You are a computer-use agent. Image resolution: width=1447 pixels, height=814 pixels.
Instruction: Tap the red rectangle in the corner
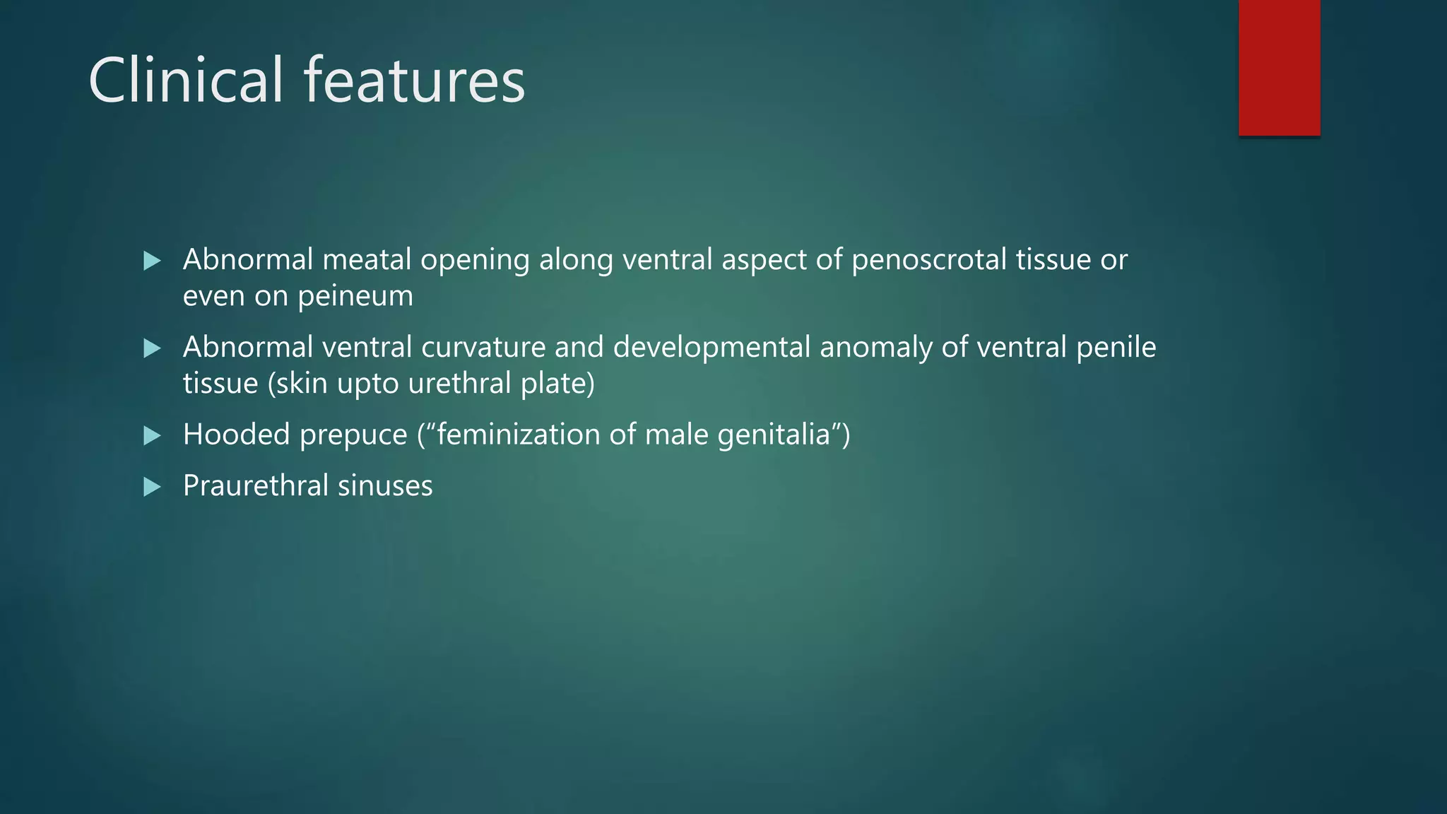tap(1279, 68)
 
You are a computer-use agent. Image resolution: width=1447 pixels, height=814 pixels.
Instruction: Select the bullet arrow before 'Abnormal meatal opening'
tap(152, 261)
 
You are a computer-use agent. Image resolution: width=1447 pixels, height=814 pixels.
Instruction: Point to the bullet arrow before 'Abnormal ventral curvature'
tap(152, 348)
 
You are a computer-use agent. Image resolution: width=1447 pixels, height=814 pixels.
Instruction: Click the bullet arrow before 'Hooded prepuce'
tap(152, 435)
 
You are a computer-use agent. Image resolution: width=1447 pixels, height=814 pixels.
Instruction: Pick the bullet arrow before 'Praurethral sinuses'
tap(152, 487)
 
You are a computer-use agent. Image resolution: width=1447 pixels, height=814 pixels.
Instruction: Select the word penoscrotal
tap(929, 260)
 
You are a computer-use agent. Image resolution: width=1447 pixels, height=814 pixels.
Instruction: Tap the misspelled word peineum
tap(355, 296)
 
